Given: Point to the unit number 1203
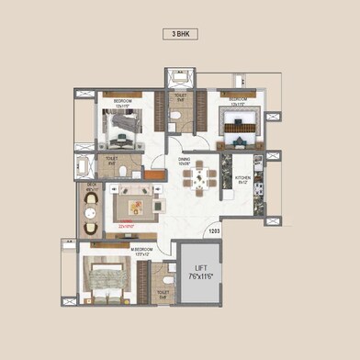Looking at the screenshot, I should coord(213,231).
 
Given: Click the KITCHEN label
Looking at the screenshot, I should coord(243,178).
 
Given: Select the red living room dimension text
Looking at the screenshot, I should coord(127,224).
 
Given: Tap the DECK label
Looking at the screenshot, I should coord(92,186).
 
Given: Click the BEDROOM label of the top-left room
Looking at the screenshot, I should coord(123,100).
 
